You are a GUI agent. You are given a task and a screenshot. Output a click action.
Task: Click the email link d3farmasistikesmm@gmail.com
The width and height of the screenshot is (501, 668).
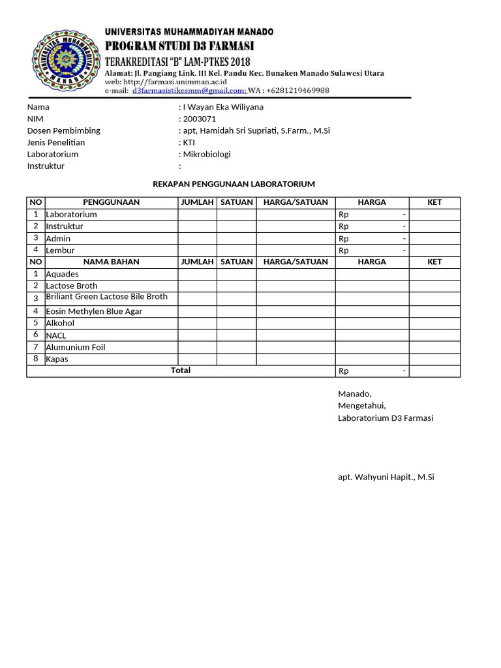[x=189, y=91]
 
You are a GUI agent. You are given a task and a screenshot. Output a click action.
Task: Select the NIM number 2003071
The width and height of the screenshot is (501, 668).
[x=199, y=119]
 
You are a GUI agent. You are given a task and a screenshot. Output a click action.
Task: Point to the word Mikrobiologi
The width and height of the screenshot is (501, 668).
[x=207, y=154]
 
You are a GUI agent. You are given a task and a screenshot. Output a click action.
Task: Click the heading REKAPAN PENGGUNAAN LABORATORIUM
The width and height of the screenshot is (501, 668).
[x=234, y=184]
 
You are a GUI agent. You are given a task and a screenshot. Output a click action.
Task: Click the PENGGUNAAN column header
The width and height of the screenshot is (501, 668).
[x=111, y=202]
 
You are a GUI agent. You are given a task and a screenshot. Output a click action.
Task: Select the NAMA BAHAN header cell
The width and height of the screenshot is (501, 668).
[x=111, y=262]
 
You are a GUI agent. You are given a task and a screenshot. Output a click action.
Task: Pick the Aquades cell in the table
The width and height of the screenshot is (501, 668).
[x=62, y=274]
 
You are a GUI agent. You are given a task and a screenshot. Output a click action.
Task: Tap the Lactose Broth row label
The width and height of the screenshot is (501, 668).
[x=71, y=286]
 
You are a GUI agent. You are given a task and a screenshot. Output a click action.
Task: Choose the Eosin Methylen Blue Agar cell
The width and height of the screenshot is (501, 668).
[x=93, y=311]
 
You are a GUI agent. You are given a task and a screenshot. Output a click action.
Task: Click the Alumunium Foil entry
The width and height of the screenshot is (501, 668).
[x=75, y=347]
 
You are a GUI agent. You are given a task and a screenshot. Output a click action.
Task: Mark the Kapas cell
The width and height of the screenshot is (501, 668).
[x=57, y=359]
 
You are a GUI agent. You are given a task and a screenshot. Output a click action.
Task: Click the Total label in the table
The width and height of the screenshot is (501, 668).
[x=181, y=371]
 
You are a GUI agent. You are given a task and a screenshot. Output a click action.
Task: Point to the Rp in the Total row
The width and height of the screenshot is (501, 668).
[x=344, y=371]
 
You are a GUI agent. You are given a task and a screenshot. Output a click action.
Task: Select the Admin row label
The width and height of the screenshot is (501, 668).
[x=58, y=239]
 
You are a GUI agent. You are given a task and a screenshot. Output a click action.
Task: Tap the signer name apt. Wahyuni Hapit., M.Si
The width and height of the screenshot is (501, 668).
[x=386, y=477]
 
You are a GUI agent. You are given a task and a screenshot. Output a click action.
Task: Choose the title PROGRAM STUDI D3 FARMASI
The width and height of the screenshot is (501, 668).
[x=179, y=46]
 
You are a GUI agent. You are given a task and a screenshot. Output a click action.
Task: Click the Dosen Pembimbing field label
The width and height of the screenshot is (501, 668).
[x=63, y=130]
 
